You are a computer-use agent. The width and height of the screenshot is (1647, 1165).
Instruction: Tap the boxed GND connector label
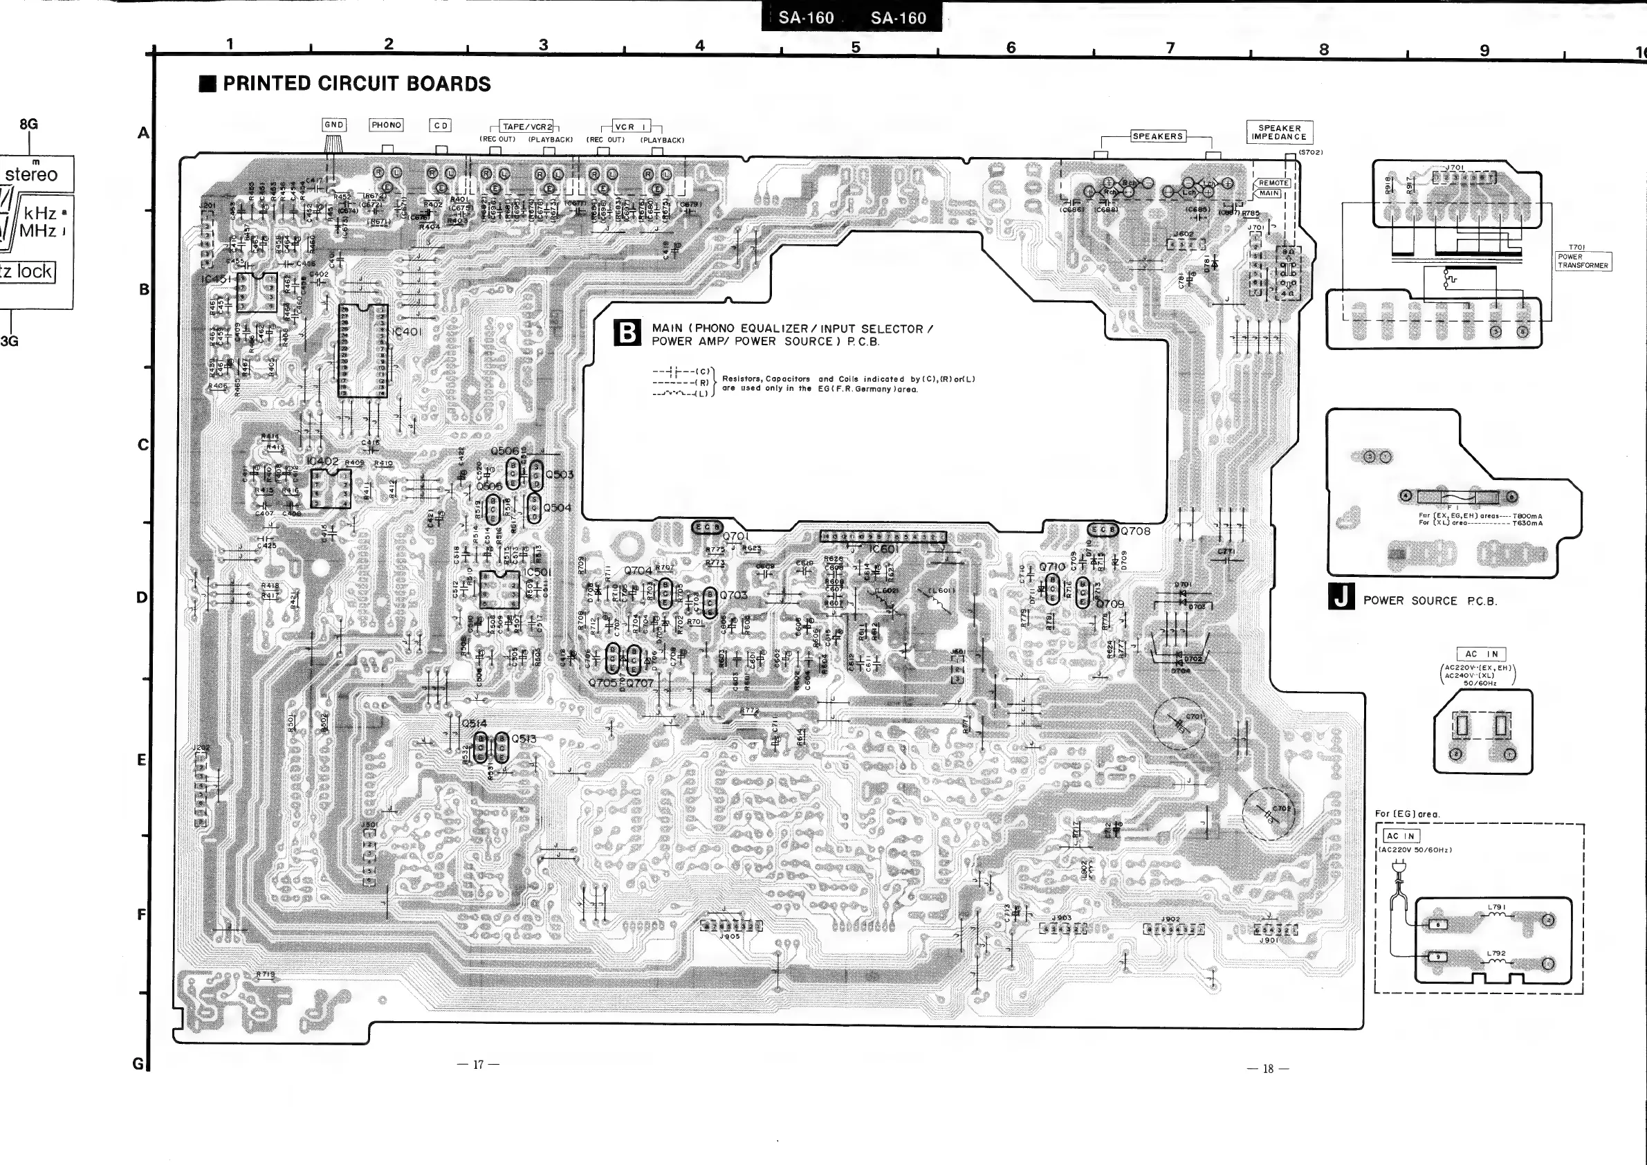334,125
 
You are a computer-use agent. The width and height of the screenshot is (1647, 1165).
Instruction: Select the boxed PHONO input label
386,125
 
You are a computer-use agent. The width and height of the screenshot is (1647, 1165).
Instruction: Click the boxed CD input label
441,125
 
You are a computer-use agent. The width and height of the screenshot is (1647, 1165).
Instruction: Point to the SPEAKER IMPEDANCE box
1280,133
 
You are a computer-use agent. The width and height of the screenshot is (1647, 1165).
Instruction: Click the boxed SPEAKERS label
1157,136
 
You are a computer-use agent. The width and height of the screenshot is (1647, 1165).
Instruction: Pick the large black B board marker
627,333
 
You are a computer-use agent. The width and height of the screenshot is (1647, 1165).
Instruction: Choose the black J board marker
1341,597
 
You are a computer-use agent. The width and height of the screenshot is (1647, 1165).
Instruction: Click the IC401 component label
407,332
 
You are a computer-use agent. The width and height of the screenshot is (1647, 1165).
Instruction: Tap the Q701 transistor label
736,536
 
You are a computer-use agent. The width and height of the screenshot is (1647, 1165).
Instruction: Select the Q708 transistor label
1136,531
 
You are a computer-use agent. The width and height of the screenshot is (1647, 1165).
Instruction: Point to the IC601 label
883,549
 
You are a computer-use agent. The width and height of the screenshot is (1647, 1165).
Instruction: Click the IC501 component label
538,572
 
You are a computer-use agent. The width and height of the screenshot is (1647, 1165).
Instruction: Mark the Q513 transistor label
524,739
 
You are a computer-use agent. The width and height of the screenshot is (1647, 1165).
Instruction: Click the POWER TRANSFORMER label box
1583,261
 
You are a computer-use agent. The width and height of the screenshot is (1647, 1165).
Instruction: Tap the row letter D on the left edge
142,598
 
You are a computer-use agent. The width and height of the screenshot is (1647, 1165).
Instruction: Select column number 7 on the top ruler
1170,48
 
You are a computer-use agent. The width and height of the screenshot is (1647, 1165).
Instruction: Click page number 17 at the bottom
478,1065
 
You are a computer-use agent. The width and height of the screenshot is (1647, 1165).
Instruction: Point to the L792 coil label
1496,954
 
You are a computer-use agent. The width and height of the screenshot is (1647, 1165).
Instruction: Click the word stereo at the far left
32,174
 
